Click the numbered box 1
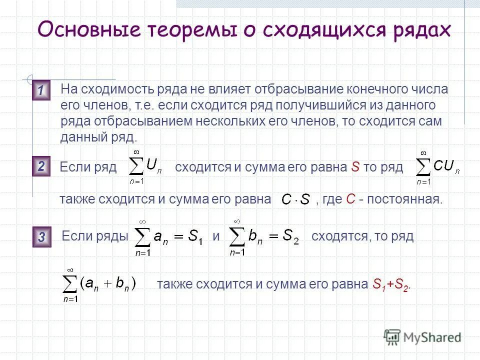[x=41, y=91]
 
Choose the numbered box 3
[x=41, y=237]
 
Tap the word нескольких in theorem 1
[x=222, y=121]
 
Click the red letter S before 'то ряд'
[x=355, y=167]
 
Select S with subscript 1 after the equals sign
[x=193, y=238]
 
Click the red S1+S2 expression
[x=391, y=285]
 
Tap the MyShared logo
[x=422, y=337]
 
